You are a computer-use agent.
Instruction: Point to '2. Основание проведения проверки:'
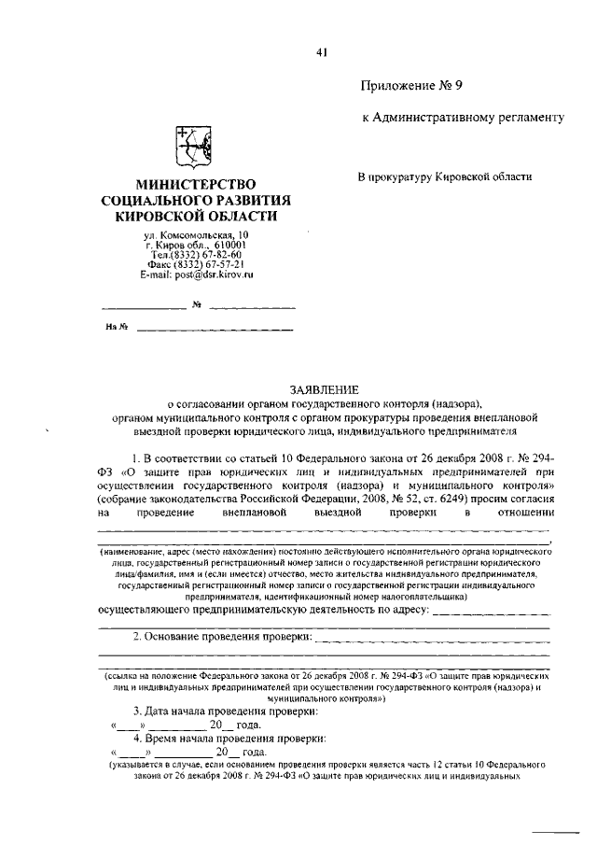pyautogui.click(x=220, y=637)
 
